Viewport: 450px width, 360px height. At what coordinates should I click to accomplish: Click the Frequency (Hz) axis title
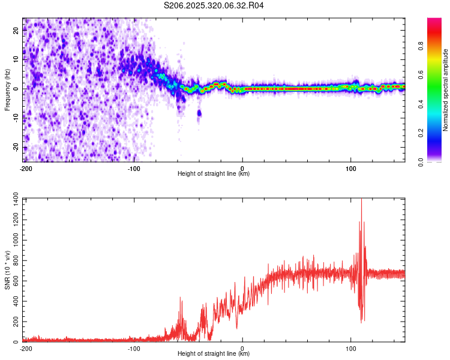(x=7, y=89)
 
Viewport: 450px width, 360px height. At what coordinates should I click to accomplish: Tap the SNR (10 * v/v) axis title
(x=7, y=270)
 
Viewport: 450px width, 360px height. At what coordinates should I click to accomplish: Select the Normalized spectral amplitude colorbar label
(x=446, y=90)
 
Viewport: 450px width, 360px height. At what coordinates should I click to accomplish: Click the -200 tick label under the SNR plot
(x=26, y=348)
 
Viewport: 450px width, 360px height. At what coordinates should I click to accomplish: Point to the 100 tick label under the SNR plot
(x=350, y=348)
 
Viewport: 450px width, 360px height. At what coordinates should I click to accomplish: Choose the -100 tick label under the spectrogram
(x=134, y=168)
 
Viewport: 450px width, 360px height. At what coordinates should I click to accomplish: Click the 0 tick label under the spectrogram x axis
(x=242, y=168)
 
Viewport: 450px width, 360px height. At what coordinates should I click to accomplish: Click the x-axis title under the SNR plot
(x=214, y=354)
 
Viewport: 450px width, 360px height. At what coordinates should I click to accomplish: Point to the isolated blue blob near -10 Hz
(x=199, y=113)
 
